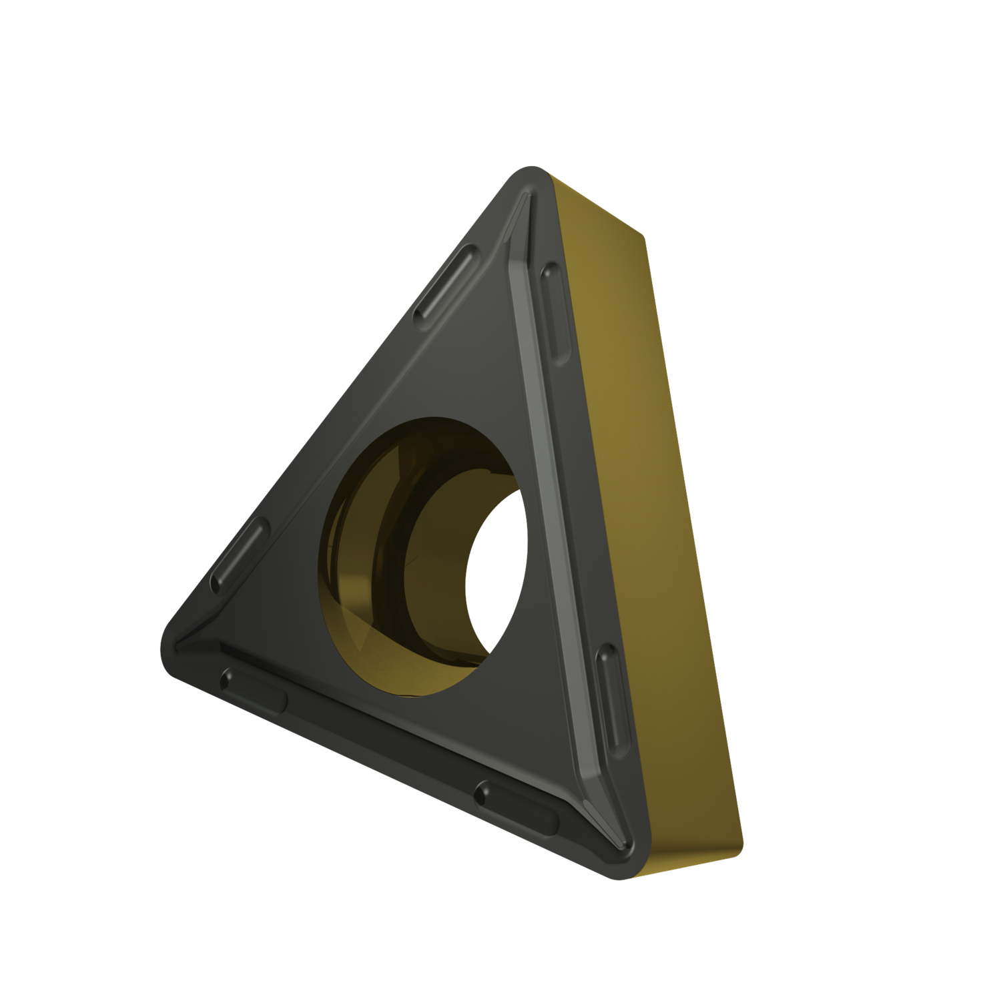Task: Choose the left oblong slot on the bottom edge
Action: (254, 687)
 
